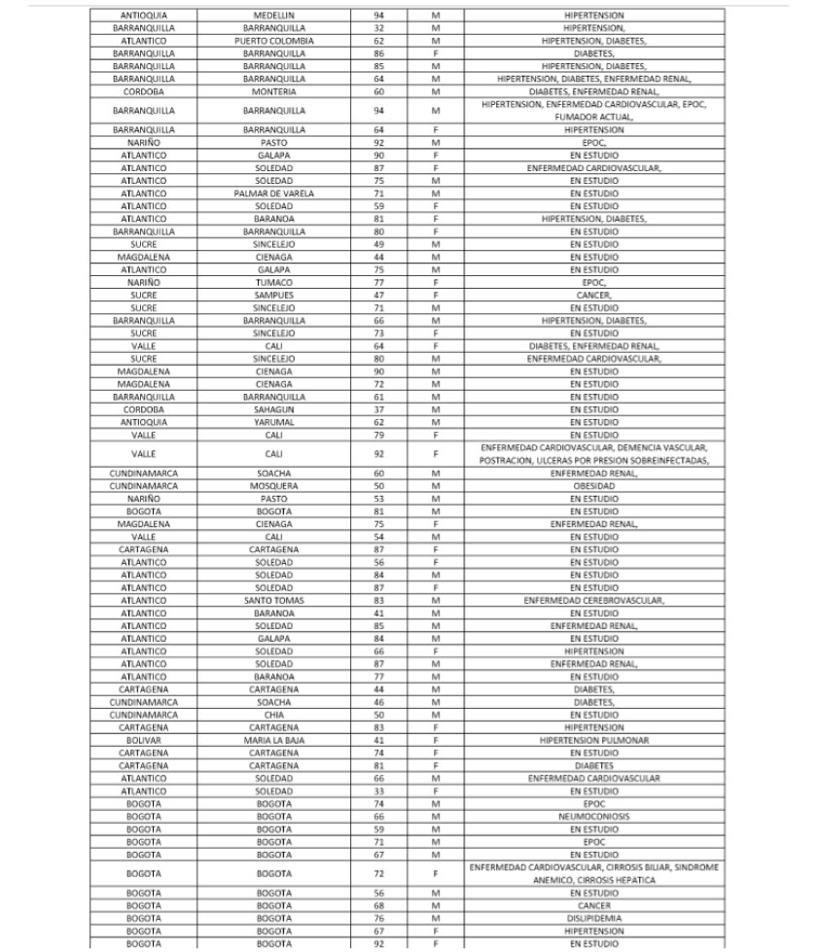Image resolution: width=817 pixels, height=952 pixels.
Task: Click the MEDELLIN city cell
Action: (274, 17)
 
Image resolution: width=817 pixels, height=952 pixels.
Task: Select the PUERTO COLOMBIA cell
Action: (274, 42)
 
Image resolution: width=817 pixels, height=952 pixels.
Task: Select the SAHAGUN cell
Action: (274, 408)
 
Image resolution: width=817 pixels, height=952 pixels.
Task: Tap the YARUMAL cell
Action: (274, 421)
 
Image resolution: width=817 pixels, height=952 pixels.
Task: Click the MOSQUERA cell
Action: (274, 484)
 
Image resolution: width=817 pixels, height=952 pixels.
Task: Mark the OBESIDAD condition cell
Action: (594, 484)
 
